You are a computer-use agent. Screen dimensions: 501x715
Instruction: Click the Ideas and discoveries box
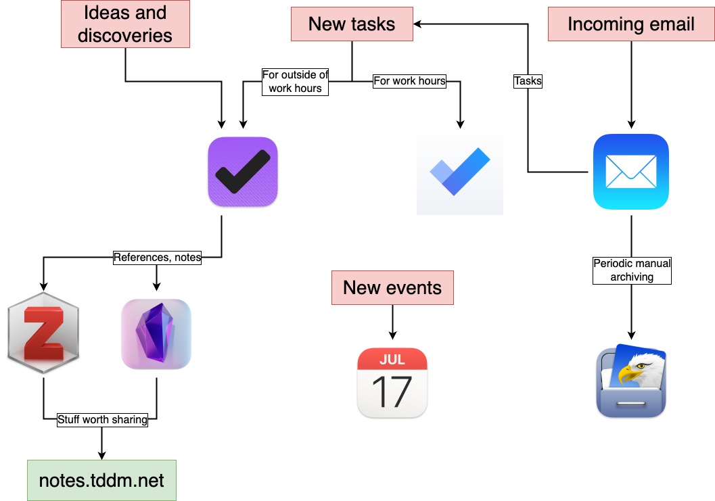[125, 24]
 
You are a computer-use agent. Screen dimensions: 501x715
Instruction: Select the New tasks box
[352, 24]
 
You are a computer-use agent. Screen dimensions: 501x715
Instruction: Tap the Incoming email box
[630, 24]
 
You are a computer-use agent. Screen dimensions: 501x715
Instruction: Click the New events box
[392, 287]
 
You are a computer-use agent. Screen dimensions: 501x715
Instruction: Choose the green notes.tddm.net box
[101, 480]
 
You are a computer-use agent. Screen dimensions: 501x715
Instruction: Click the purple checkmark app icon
[243, 172]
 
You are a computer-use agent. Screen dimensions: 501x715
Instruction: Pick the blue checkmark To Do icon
[460, 173]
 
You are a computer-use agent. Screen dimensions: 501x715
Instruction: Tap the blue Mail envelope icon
[630, 172]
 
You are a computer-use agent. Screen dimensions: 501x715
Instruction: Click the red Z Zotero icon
[44, 334]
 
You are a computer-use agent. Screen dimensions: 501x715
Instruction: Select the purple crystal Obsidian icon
[156, 334]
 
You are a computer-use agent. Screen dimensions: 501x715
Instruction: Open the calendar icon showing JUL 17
[392, 382]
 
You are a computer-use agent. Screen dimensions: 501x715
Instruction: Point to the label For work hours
[409, 81]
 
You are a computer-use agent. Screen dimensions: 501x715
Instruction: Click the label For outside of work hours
[295, 82]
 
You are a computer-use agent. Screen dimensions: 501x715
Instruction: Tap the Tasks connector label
[528, 81]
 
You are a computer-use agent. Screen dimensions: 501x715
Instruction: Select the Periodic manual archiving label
[632, 270]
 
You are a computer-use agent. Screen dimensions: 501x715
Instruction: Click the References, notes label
[157, 257]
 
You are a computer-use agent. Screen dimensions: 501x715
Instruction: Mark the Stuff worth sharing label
[102, 419]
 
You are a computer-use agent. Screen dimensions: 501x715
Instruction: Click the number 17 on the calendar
[392, 391]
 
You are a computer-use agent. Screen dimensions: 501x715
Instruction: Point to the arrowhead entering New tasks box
[418, 24]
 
